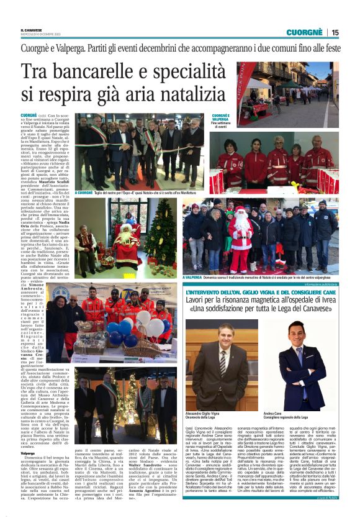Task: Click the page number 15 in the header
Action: click(x=335, y=32)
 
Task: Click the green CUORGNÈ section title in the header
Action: click(x=307, y=32)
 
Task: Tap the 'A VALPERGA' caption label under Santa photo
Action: click(x=194, y=277)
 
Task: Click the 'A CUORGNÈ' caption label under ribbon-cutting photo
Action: click(x=85, y=193)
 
